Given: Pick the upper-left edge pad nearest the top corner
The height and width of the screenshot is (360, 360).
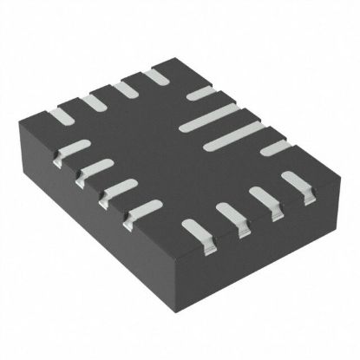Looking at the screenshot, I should [157, 76].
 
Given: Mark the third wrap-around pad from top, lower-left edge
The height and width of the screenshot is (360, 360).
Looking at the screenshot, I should [113, 187].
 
